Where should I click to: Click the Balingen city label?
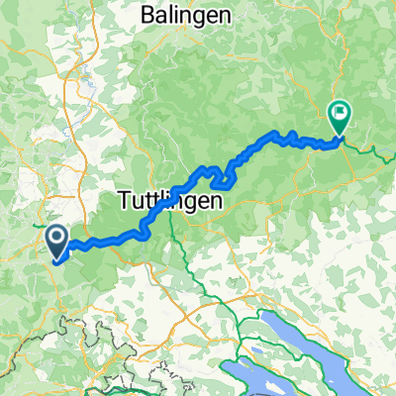[186, 15]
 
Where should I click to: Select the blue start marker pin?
[55, 241]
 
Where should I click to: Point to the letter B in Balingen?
[148, 15]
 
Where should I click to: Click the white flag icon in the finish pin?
[339, 114]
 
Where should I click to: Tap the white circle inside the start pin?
[55, 237]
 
